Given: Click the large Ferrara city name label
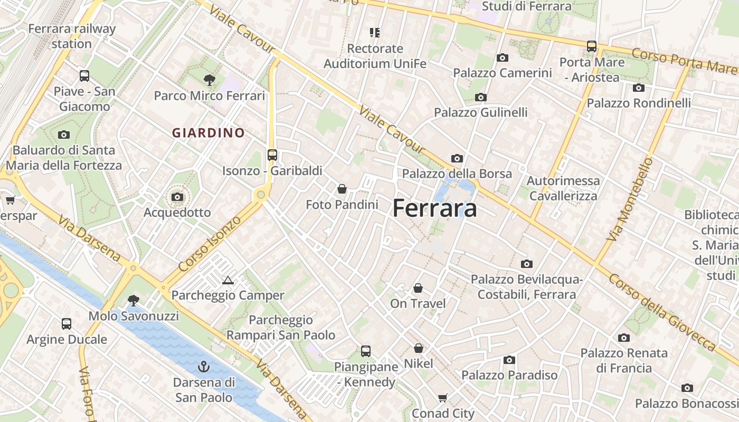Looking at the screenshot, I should [434, 208].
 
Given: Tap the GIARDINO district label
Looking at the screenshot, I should [209, 133].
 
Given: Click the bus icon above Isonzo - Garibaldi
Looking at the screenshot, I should [272, 155].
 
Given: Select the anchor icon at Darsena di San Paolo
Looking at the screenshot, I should [204, 366].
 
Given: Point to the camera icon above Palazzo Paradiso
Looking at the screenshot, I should [509, 360].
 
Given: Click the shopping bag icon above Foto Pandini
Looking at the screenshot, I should [342, 188].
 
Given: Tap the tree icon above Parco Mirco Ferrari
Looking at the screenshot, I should [210, 80].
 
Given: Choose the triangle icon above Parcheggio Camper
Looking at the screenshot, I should [228, 280].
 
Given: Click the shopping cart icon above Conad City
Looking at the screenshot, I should [443, 398].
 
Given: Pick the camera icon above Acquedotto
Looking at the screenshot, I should [177, 197].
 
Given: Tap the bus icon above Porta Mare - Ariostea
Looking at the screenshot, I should [592, 46].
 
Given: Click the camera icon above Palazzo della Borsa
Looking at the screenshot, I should [457, 158].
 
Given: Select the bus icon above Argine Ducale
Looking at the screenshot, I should [67, 323].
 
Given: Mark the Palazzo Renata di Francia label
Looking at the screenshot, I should [624, 360].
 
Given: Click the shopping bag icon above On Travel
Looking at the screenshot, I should [418, 288].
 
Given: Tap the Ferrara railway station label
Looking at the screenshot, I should [72, 36].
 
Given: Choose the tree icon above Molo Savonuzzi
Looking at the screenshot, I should [134, 301].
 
